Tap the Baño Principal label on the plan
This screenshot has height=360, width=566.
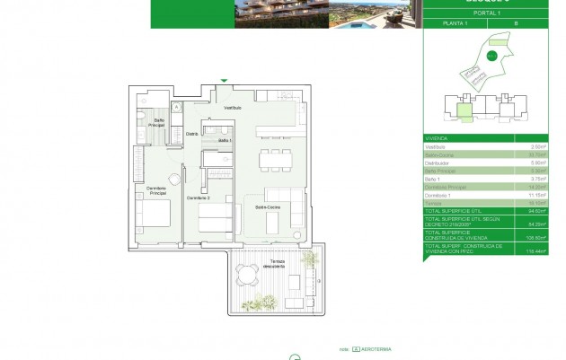[157, 122]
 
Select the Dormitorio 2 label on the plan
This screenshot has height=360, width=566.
[198, 198]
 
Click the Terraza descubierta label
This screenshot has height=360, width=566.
[273, 266]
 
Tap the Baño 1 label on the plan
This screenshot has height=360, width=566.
[225, 141]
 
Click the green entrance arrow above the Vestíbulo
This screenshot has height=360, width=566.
[225, 81]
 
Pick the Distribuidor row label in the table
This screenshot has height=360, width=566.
[438, 162]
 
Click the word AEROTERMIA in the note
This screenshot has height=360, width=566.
[376, 349]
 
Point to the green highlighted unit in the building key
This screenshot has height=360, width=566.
[464, 111]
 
